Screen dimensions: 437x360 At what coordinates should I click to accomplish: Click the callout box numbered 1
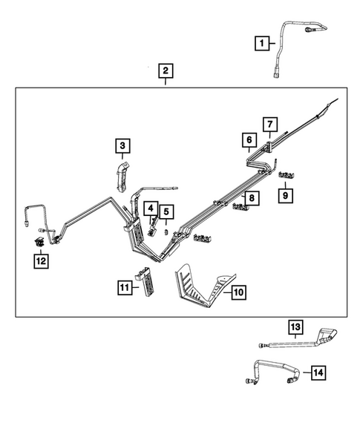(x=261, y=44)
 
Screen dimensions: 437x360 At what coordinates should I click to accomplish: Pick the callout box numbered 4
(x=151, y=210)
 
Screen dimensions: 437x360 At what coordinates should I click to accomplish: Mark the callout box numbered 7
(x=270, y=124)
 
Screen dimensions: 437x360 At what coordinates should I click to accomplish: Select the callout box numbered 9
(x=286, y=196)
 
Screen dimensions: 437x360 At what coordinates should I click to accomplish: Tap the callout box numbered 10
(x=238, y=293)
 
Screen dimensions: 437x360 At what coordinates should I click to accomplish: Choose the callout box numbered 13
(x=295, y=327)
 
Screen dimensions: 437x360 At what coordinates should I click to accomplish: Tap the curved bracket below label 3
(x=122, y=179)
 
